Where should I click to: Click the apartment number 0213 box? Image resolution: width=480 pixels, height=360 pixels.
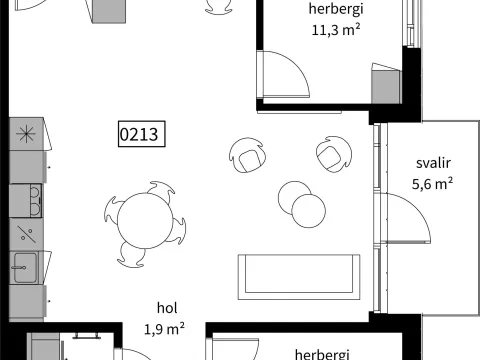(x=142, y=134)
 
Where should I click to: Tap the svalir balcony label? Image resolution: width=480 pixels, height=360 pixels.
(x=433, y=163)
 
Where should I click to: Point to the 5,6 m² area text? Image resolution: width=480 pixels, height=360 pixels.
(x=432, y=184)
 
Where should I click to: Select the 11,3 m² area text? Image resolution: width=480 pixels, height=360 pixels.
(x=336, y=30)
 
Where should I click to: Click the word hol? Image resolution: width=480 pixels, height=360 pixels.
(x=167, y=308)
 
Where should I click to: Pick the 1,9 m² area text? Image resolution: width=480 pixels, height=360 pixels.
(x=164, y=329)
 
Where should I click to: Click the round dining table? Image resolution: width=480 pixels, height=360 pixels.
(x=145, y=221)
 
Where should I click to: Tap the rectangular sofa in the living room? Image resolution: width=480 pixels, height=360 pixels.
(x=299, y=277)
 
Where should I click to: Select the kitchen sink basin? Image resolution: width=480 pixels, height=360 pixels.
(x=25, y=268)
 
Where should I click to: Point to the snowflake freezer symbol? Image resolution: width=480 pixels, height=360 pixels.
(x=26, y=134)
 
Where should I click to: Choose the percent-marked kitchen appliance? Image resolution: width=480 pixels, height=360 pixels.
(x=26, y=234)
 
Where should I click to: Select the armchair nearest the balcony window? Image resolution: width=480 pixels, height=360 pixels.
(x=334, y=154)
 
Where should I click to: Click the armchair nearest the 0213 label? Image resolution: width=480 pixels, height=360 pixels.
(x=247, y=156)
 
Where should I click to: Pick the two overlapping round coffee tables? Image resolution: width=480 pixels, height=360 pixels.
(x=302, y=204)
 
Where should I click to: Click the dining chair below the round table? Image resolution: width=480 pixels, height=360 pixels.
(x=131, y=255)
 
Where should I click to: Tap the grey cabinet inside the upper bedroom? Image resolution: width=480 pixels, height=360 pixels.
(x=386, y=87)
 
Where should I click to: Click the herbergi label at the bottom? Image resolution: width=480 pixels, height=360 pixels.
(x=322, y=354)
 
